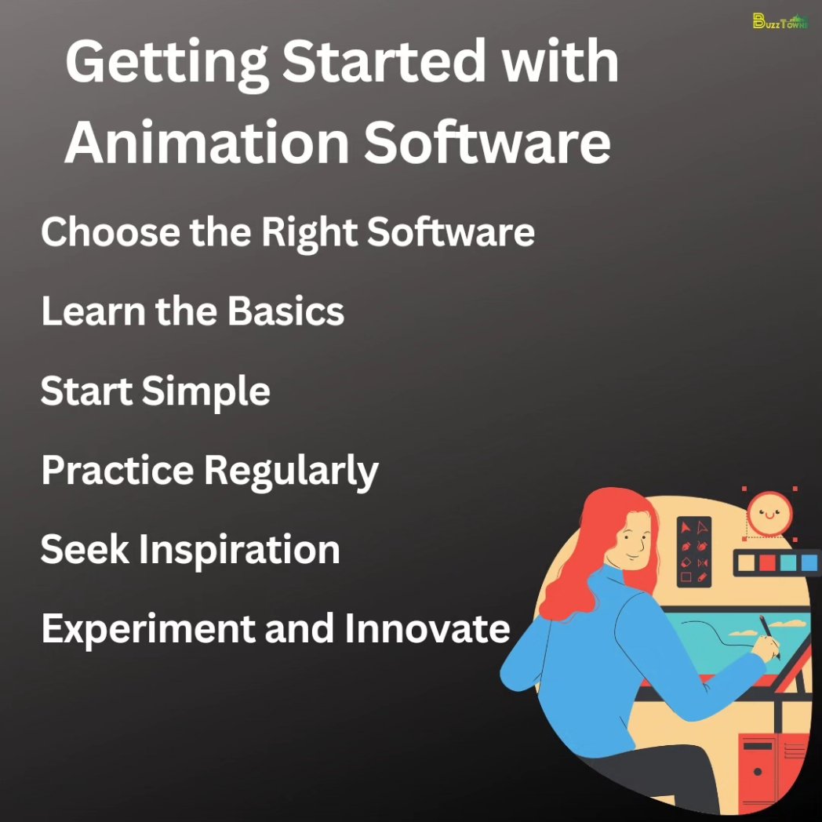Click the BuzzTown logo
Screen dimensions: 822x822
(780, 21)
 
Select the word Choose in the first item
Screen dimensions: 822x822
(104, 232)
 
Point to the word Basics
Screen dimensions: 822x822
(286, 311)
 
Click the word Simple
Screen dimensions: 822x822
(205, 391)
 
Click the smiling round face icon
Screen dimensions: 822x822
(769, 514)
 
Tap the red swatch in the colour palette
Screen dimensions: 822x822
(767, 562)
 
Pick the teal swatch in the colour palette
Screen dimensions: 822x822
(787, 562)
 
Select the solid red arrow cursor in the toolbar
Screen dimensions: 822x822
(685, 526)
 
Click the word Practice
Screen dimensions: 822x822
(117, 471)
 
